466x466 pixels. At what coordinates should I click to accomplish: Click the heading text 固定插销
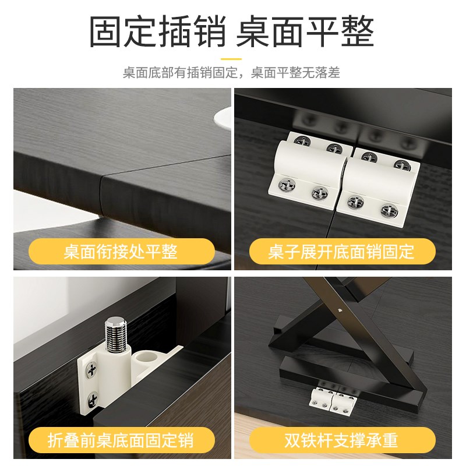point(157,32)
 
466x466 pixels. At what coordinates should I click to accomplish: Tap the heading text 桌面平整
point(305,32)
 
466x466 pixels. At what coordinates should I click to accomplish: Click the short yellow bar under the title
point(231,59)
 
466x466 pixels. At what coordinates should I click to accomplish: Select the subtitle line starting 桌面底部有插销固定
point(231,73)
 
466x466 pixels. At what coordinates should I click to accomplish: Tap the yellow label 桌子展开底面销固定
point(342,252)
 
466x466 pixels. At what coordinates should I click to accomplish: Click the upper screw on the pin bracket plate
point(91,369)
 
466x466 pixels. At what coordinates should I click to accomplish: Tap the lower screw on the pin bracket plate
point(93,401)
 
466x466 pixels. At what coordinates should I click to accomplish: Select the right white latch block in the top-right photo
point(379,181)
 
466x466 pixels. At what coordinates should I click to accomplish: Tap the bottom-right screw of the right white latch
point(389,209)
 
